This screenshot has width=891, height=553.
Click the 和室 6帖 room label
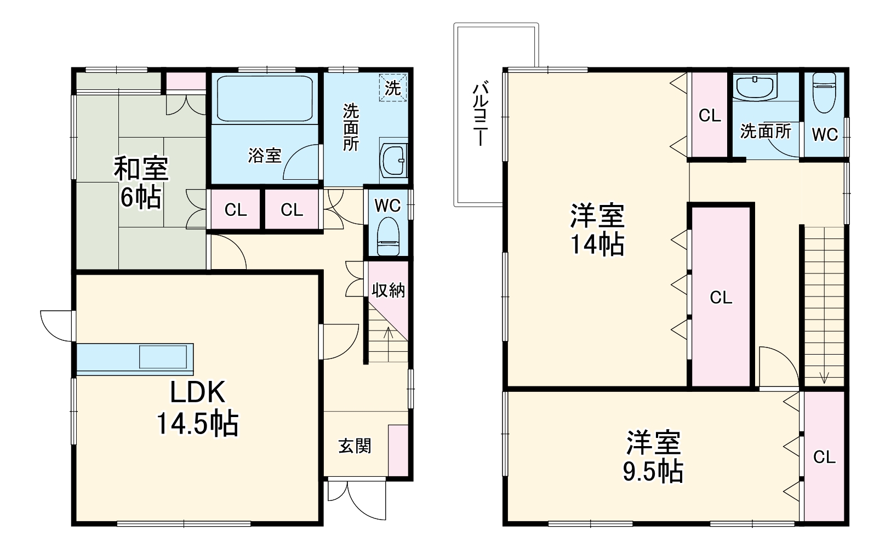coord(141,183)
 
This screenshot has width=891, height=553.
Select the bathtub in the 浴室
coord(265,98)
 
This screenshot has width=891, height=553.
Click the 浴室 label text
coord(265,156)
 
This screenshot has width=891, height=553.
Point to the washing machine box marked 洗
coord(393,88)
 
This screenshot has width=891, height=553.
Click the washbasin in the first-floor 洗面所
coord(393,161)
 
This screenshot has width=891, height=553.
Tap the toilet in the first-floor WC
coord(388,237)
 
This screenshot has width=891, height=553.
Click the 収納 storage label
coord(388,290)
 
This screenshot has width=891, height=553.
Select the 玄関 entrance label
coord(355,446)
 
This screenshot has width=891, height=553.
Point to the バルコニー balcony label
coord(480,113)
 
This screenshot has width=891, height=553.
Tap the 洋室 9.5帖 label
coord(653,457)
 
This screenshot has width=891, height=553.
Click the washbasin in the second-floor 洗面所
coord(755,88)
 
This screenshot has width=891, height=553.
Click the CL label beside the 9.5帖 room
coord(824,458)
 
